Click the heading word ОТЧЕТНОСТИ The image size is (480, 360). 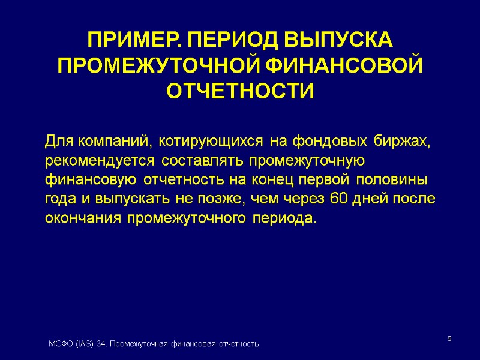click(240, 91)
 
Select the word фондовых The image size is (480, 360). click(330, 142)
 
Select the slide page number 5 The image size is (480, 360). click(449, 340)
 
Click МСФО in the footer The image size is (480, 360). click(59, 344)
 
